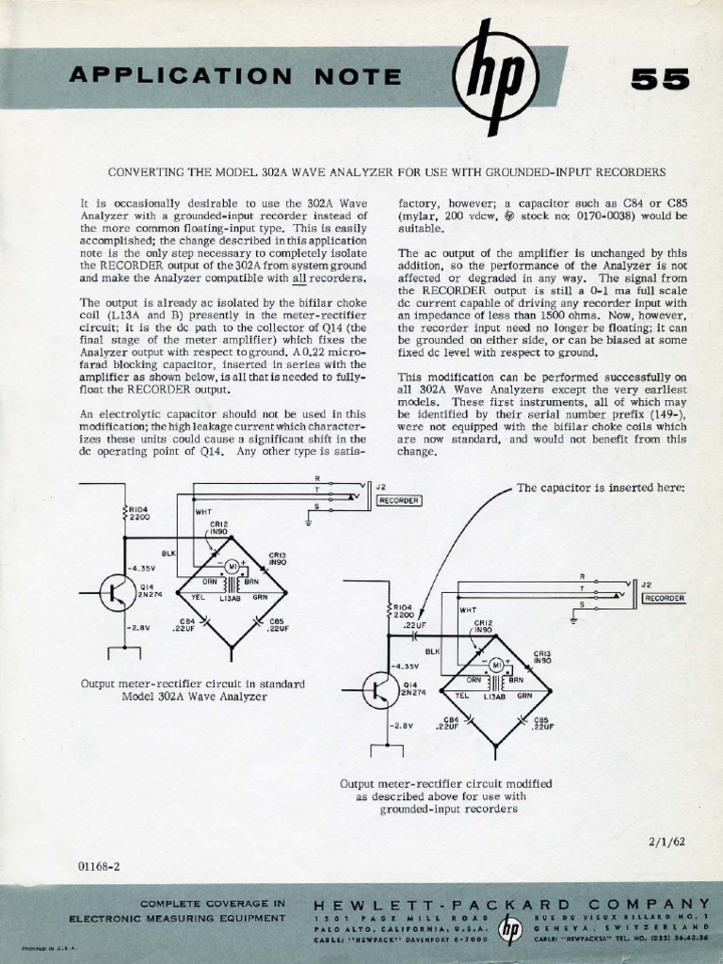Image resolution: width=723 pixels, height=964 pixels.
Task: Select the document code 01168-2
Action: tap(101, 863)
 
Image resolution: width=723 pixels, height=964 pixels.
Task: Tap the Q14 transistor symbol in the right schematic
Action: tap(380, 691)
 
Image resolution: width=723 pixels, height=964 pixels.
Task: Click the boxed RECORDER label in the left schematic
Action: tap(398, 501)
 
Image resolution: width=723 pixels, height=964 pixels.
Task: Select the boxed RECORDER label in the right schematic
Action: tap(664, 598)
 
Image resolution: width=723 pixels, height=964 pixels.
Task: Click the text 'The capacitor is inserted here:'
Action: tap(602, 488)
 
